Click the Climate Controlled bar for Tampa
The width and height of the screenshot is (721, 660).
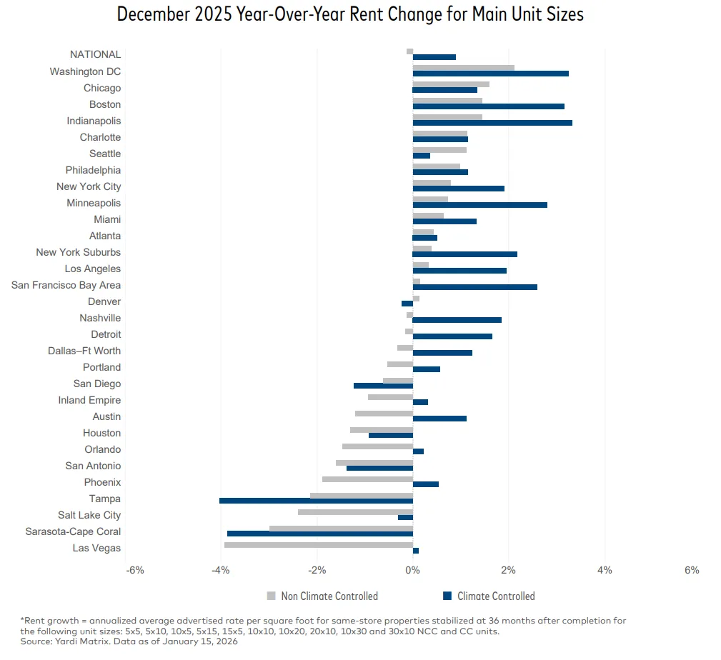316,501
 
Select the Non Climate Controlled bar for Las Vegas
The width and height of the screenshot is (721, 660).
319,545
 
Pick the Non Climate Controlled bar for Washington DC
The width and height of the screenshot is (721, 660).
463,68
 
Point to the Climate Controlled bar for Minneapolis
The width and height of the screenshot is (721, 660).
479,205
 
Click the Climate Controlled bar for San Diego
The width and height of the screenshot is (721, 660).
383,386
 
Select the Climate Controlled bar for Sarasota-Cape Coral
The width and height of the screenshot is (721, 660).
320,534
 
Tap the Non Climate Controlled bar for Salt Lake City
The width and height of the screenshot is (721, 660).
355,511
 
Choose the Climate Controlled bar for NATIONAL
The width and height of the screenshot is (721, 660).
434,57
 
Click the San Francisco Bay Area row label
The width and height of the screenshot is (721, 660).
66,285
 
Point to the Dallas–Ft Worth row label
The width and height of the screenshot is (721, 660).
84,351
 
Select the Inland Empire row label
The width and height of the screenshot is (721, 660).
89,400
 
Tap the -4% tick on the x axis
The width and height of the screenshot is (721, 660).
220,570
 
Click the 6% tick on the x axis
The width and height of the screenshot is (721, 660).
691,570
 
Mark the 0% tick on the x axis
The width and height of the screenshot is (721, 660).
412,570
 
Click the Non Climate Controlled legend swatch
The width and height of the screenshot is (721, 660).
271,596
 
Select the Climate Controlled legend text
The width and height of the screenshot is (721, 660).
496,596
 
